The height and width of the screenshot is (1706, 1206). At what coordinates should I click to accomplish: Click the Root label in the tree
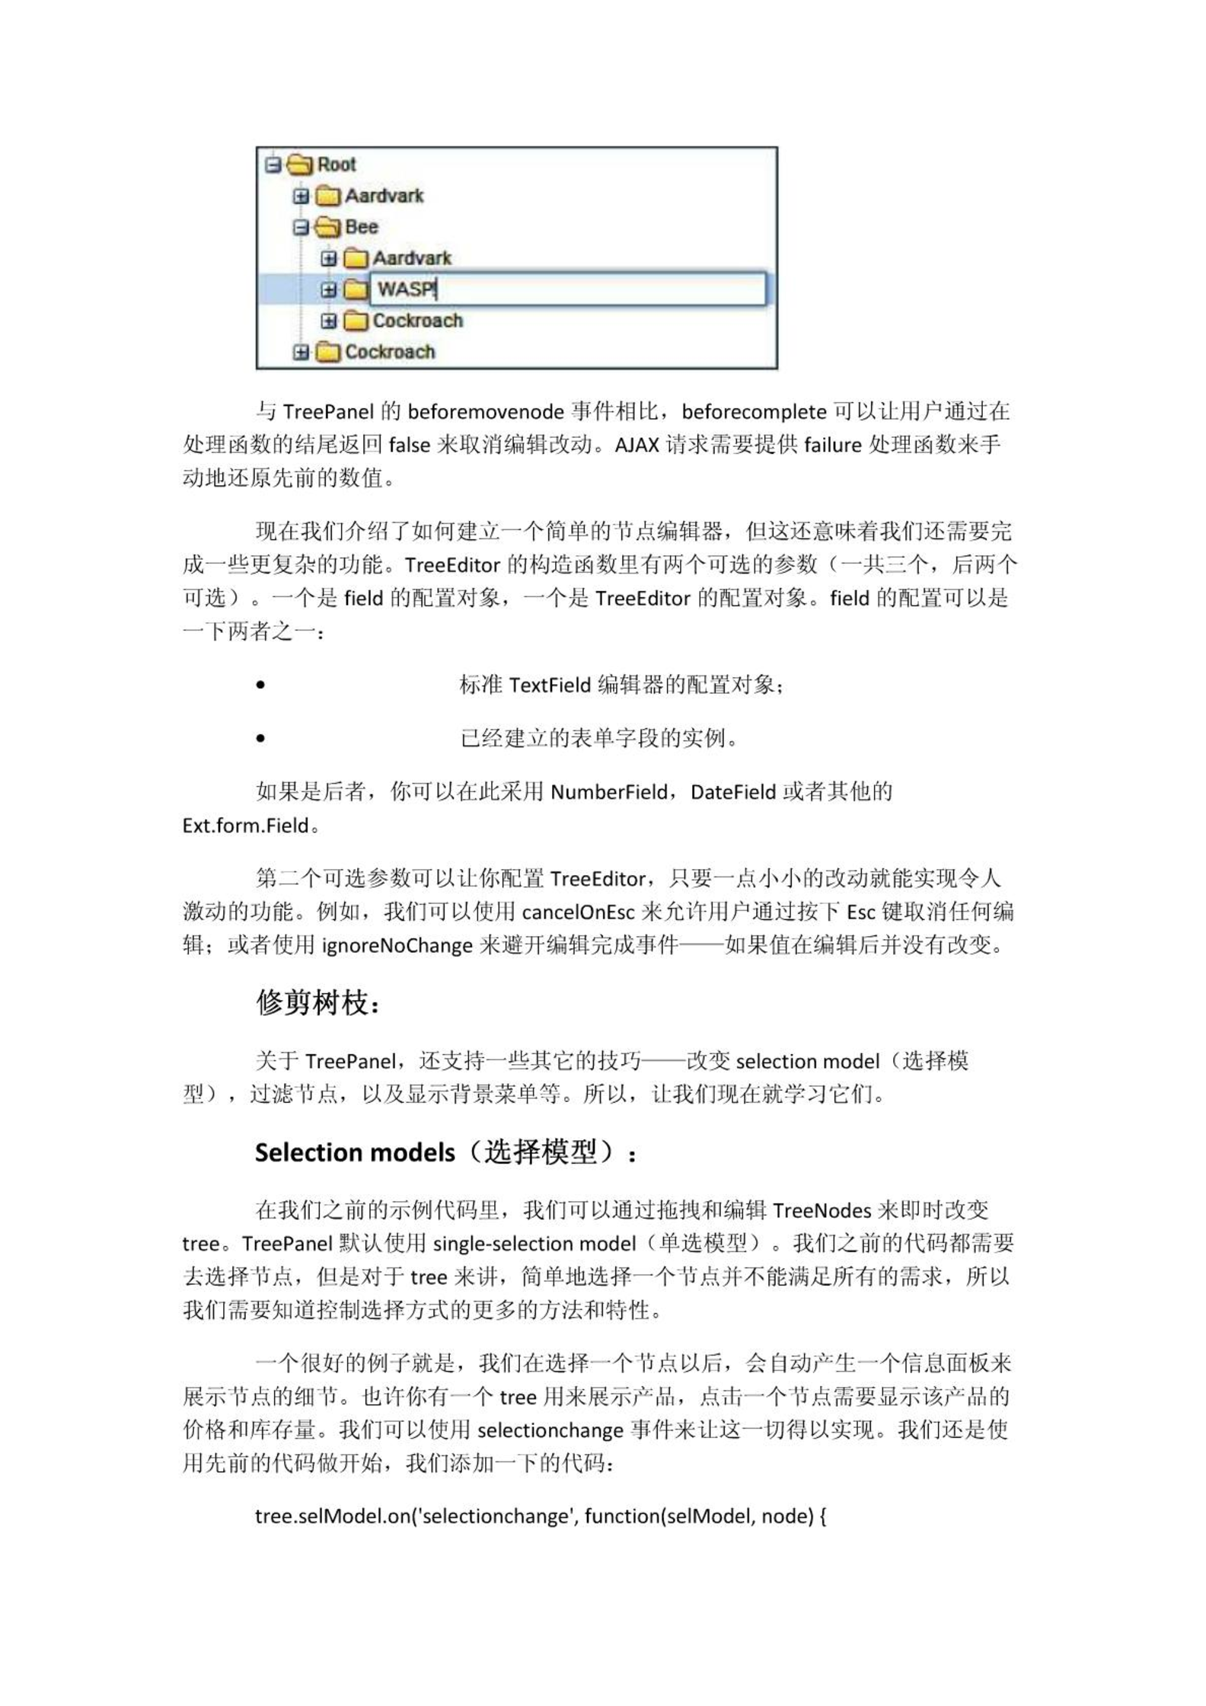[336, 165]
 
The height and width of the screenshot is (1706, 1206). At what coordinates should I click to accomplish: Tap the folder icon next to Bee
[327, 227]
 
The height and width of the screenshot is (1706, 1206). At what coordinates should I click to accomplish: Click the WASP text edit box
[567, 289]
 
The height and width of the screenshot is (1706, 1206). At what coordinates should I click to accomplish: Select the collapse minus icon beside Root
[273, 165]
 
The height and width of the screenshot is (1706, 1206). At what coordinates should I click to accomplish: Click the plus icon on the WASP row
[328, 290]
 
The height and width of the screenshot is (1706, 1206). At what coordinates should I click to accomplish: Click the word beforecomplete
[753, 412]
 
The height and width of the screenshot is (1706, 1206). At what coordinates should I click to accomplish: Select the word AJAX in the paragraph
[636, 445]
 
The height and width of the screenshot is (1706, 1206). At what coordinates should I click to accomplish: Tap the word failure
[832, 445]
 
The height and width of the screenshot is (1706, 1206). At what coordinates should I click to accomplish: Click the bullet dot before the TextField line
[261, 685]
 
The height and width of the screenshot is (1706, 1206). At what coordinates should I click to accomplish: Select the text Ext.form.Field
[245, 826]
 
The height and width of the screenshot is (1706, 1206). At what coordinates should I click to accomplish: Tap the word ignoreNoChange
[397, 946]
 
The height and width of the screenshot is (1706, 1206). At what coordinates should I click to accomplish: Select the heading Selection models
[355, 1153]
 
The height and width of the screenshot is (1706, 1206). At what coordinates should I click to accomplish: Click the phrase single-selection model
[534, 1244]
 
